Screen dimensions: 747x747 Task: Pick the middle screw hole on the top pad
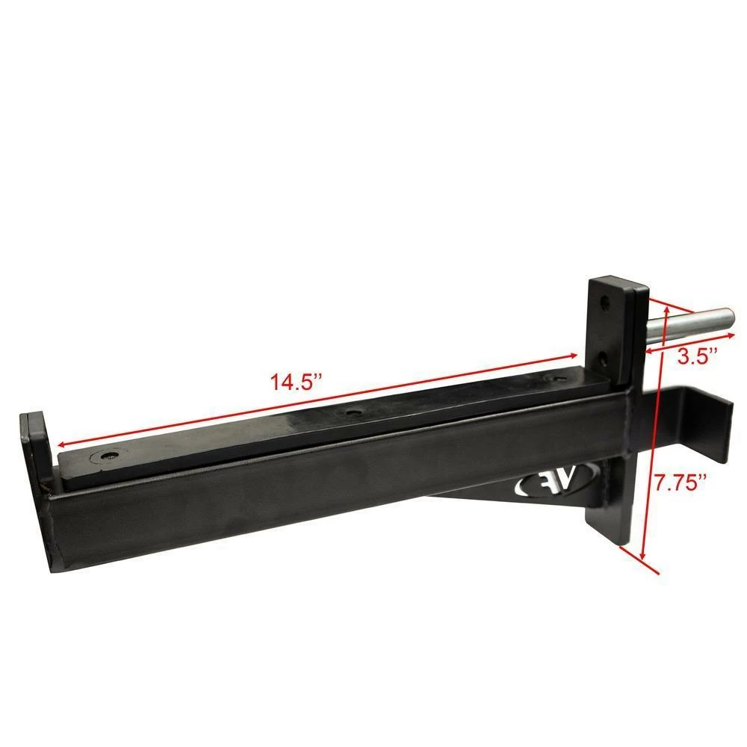click(x=350, y=413)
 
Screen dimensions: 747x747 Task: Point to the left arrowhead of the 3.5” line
click(x=648, y=350)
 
